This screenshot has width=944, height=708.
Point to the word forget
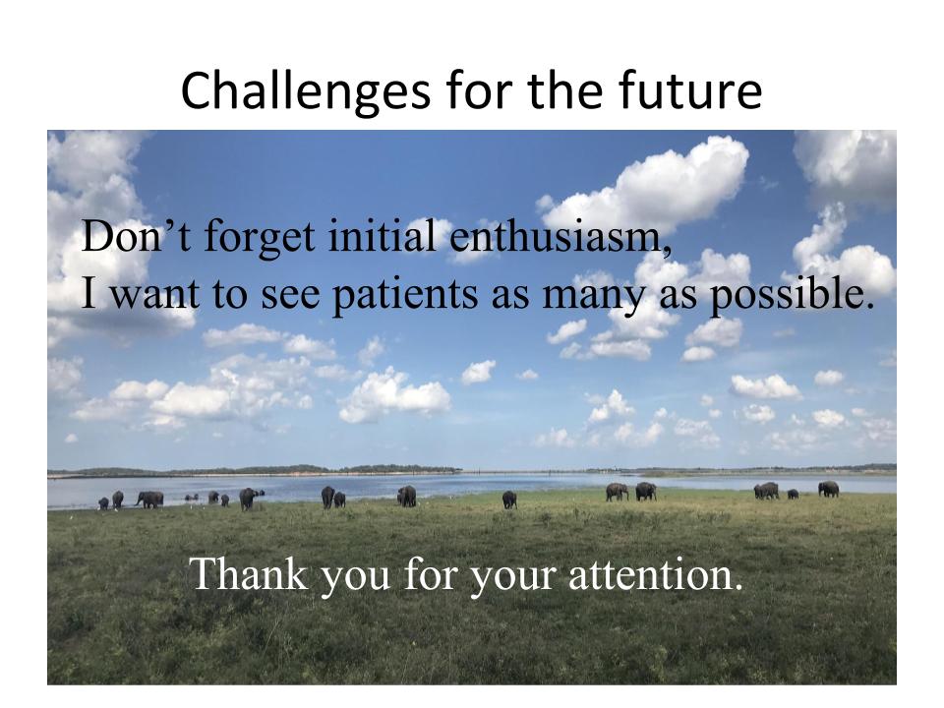(260, 238)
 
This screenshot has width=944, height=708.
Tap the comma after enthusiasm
(667, 250)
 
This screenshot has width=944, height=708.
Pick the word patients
(405, 296)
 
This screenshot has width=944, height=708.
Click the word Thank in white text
(249, 573)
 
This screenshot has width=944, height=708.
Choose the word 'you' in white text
(356, 578)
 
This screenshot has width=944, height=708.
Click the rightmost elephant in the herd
(828, 489)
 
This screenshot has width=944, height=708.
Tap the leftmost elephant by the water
(103, 503)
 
